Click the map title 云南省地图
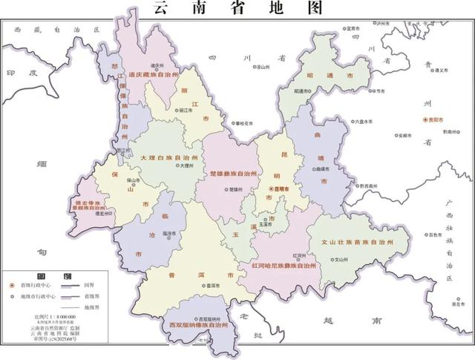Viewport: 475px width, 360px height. coord(237,9)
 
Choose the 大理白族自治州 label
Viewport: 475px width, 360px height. coord(168,158)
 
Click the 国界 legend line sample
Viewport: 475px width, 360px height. coord(70,285)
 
